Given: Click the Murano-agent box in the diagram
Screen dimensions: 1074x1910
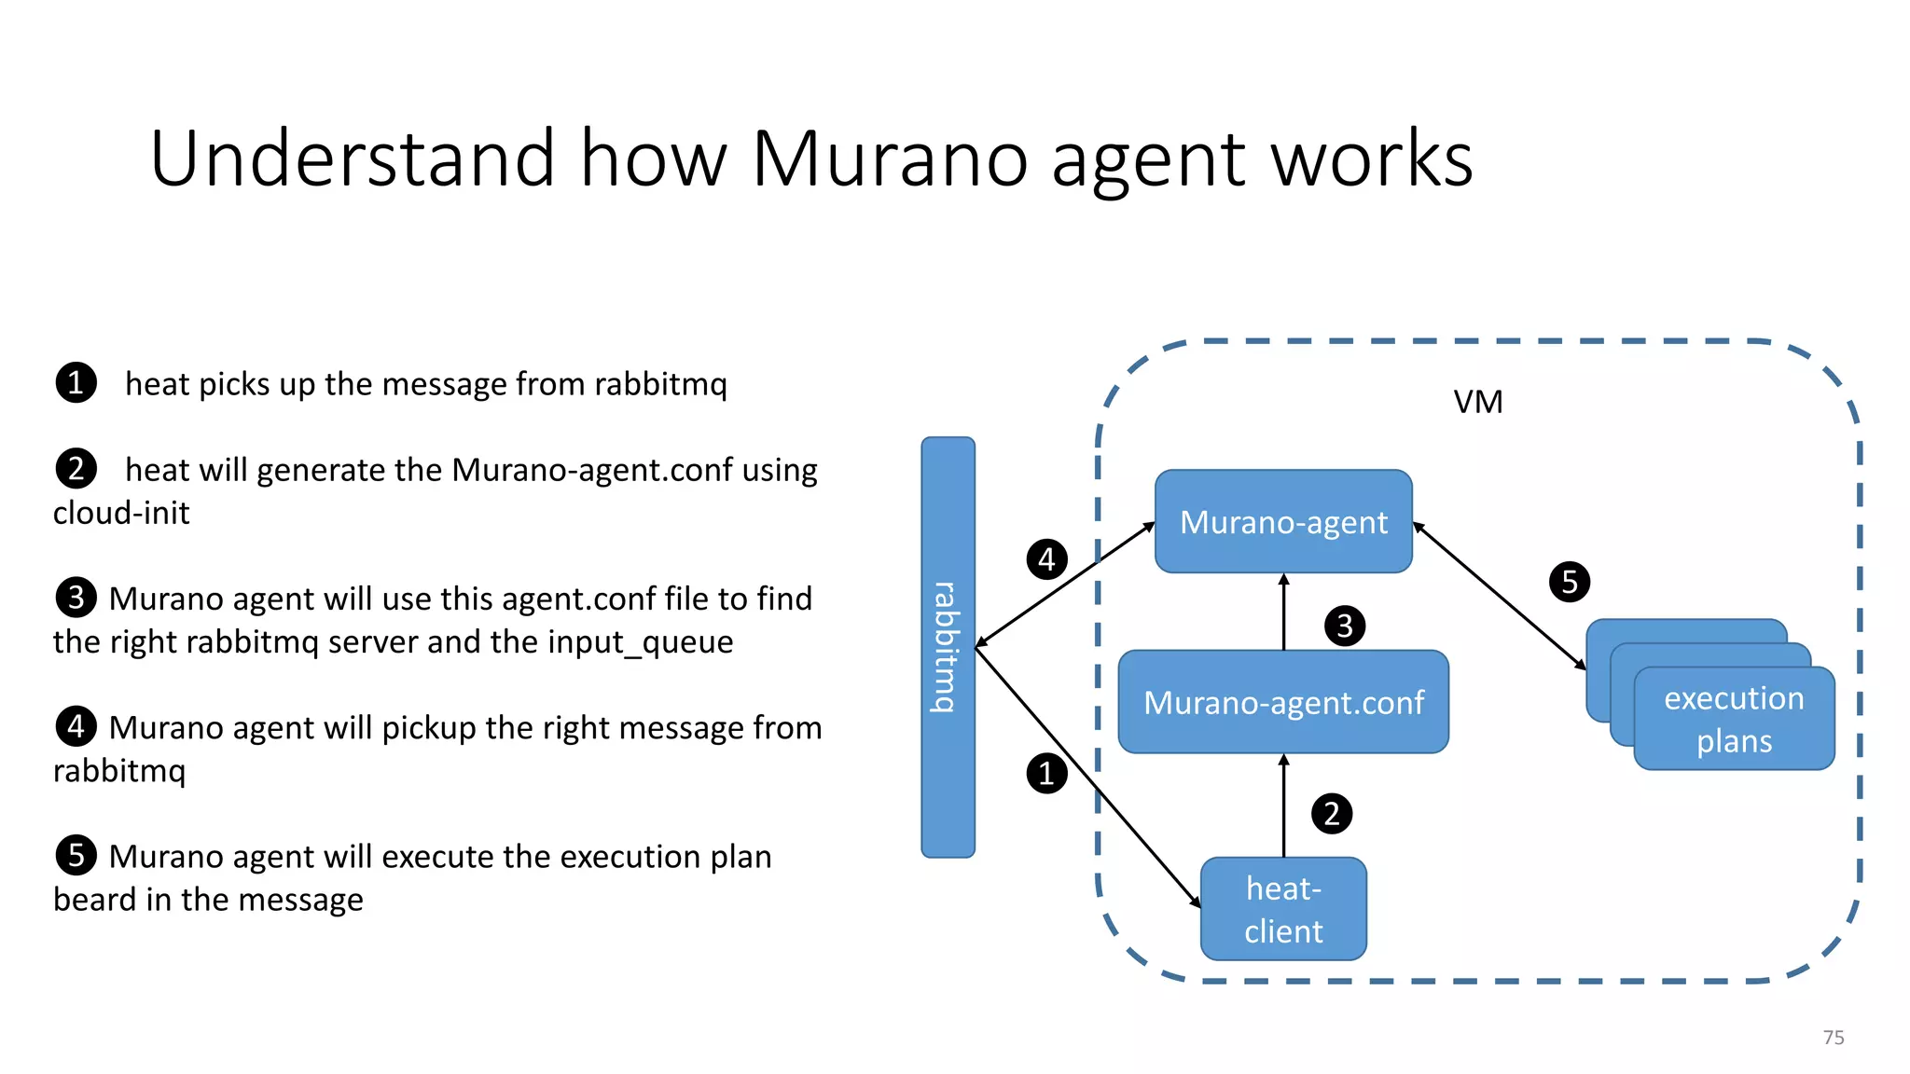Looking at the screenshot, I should (1283, 521).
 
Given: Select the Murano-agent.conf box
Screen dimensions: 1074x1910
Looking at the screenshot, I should (1283, 702).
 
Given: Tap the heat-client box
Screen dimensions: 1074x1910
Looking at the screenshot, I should (1283, 909).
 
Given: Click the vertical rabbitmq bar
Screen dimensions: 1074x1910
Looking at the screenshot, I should (948, 647).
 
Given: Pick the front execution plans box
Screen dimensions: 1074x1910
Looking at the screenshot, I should (1734, 719).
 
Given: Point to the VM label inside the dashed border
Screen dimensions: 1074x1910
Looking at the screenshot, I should (1478, 402).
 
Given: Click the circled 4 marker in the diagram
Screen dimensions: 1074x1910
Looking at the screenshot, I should (1046, 559).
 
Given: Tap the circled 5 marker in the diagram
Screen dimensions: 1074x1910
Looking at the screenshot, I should (1570, 582).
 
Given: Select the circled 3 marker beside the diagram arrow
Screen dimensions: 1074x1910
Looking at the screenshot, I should (1344, 626).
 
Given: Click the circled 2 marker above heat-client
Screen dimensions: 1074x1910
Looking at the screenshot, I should (1331, 814).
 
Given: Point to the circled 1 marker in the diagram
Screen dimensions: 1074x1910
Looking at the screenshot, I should (1046, 774).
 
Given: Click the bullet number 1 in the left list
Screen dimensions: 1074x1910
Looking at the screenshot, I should (76, 383).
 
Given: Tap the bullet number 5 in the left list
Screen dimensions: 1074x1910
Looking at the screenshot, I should (76, 855).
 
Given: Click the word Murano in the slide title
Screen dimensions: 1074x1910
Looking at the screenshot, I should (890, 159).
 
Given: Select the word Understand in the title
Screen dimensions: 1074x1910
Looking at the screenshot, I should (353, 159).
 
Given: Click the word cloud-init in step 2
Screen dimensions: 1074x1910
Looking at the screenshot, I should (121, 513).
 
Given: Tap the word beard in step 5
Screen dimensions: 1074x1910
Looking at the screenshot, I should (94, 900).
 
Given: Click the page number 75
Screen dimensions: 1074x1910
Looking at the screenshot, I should (1833, 1038).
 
